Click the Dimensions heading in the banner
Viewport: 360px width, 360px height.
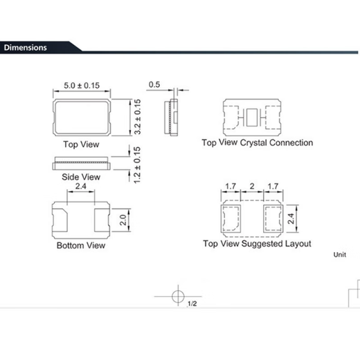click(26, 48)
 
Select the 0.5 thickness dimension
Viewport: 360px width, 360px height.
click(155, 85)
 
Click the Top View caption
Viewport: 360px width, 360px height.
click(81, 145)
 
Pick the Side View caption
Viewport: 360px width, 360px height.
click(82, 177)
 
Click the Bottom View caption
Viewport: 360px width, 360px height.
click(81, 245)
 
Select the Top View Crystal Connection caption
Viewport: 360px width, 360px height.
click(257, 143)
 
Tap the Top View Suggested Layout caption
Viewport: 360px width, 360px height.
click(257, 244)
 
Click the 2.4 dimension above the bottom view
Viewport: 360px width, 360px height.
click(80, 187)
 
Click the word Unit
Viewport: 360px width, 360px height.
click(339, 255)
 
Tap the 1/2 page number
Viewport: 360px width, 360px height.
click(192, 304)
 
